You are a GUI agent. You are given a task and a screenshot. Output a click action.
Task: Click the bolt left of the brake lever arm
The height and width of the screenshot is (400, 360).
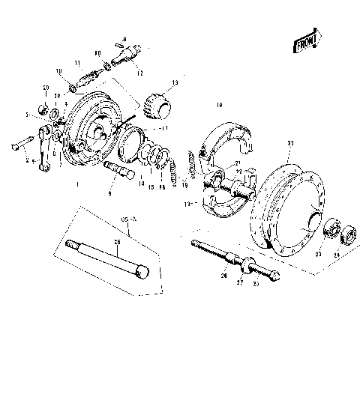(21, 145)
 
